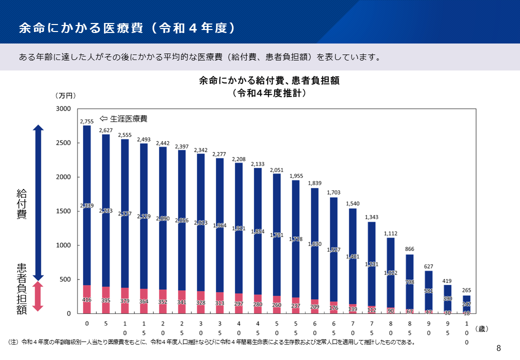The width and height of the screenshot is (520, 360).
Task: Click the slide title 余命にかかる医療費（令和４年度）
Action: coord(126,28)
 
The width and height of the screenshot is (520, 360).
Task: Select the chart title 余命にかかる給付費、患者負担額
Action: coord(269,81)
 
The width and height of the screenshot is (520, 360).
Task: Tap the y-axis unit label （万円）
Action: coord(65,95)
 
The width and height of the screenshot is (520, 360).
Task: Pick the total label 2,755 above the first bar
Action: coord(87,121)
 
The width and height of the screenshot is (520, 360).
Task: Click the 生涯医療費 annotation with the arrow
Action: coord(124,119)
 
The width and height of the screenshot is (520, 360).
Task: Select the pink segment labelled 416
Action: coord(87,299)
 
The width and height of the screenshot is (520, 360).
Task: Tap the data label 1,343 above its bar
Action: coord(371,217)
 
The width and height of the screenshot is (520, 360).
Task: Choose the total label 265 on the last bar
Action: coord(466,290)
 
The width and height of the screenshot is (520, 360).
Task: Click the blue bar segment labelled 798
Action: coord(409,282)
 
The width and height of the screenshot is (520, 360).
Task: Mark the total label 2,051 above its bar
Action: coord(276,170)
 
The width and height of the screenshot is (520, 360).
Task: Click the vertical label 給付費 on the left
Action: coord(21,203)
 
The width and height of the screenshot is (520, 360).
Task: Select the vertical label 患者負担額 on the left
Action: coord(21,289)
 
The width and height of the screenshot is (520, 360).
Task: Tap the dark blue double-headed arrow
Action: coord(38,202)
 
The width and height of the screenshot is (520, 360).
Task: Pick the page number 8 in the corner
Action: coord(498,348)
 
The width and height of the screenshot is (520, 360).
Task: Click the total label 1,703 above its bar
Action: coord(333,192)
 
